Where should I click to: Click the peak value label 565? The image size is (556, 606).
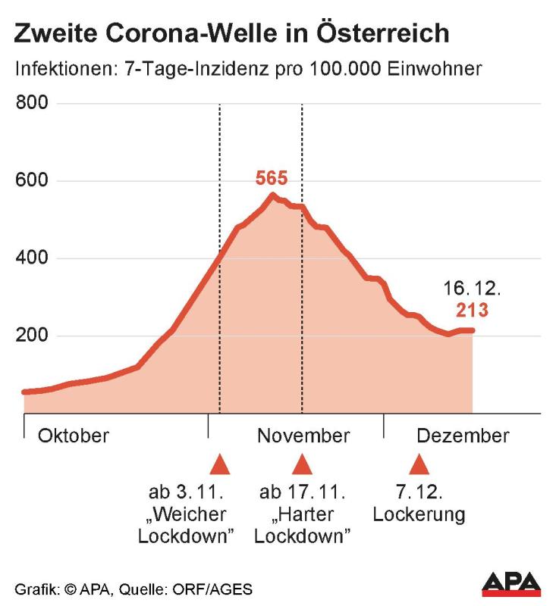tap(272, 179)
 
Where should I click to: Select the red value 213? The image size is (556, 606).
tap(471, 310)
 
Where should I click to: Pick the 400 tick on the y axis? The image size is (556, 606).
tap(32, 258)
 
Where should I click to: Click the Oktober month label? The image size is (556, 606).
tap(74, 436)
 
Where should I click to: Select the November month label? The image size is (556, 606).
tap(303, 436)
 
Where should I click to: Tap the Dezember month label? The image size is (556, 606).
tap(463, 436)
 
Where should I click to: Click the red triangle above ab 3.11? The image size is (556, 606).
tap(219, 464)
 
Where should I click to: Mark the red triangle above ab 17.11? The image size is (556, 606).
tap(303, 464)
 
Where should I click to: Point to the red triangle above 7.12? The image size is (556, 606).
tap(419, 464)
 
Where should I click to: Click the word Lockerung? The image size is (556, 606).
tap(419, 515)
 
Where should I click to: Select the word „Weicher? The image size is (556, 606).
tap(188, 515)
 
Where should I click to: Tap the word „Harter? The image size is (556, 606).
tap(303, 515)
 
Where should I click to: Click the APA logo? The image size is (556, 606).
tap(511, 583)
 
